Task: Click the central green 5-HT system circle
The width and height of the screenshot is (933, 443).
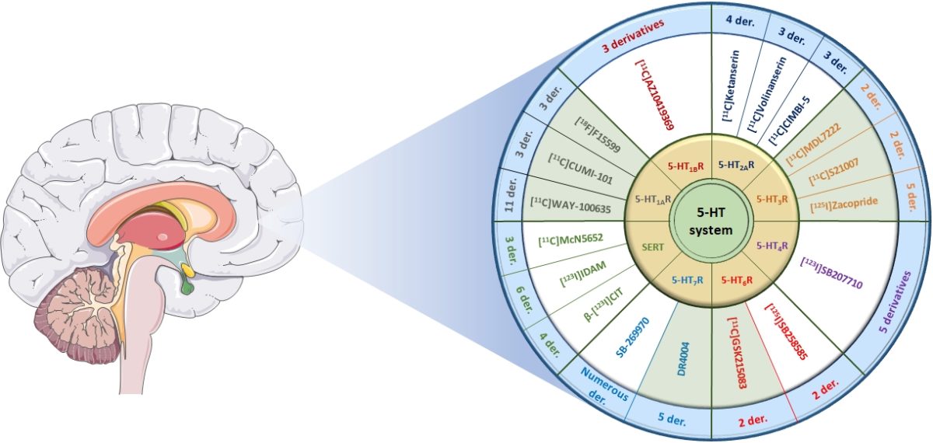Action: point(711,221)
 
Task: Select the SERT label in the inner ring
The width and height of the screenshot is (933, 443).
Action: point(652,247)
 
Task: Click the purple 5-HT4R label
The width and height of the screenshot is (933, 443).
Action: point(772,246)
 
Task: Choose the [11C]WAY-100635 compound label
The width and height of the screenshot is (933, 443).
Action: point(571,206)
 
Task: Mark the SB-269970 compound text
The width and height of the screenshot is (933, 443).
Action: point(632,339)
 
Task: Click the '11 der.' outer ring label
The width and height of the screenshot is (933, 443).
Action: point(511,195)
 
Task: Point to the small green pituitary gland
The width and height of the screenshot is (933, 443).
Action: point(187,288)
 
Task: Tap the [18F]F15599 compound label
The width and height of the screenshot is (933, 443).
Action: point(597,134)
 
